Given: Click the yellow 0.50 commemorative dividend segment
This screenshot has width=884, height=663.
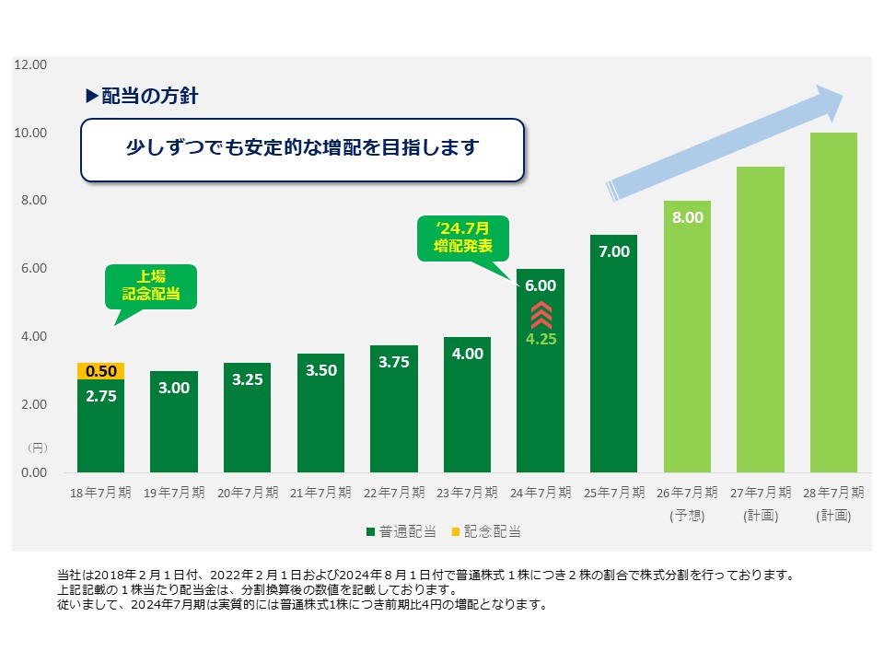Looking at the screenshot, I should coord(100,371).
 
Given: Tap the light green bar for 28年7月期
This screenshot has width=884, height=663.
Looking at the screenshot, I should coord(833,304).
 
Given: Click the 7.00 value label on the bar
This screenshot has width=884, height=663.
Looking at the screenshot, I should coord(613,251).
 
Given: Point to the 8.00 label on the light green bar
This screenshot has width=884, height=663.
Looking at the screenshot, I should coord(687,218).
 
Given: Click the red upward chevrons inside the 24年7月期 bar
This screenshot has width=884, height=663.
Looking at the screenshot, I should coord(541,315).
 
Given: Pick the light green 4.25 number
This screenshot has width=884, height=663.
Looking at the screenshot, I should coord(541,339).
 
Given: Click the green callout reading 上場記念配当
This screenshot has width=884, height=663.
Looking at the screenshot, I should coord(151,285).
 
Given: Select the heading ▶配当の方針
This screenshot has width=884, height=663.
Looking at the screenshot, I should coord(142,95).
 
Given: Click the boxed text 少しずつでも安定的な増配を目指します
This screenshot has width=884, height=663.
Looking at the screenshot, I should coord(303,147).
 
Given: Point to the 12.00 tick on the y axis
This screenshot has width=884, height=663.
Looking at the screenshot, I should coord(30,65).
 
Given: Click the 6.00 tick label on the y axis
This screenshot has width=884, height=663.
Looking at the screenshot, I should coord(30,269).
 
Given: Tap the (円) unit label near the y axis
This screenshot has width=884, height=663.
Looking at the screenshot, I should coord(36,448).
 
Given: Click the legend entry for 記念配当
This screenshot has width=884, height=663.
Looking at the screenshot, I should coord(487,531).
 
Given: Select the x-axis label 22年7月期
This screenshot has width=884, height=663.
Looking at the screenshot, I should coord(393,493).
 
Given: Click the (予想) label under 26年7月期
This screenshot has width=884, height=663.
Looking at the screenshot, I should coord(687,517).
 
